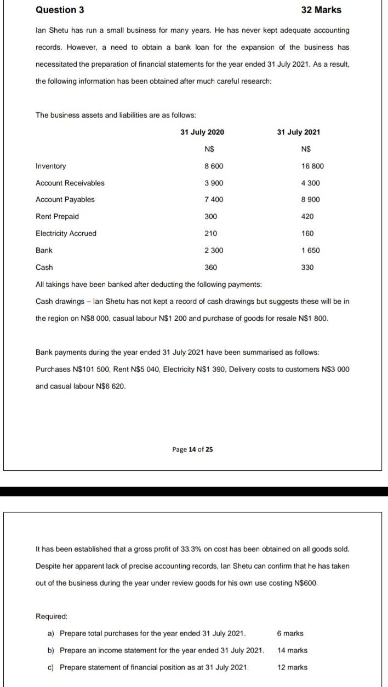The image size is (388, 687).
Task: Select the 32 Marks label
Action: coord(321,10)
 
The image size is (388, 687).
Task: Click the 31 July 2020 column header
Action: coord(202,132)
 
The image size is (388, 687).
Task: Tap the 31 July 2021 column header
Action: coord(299,132)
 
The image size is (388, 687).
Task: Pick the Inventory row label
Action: coord(50,166)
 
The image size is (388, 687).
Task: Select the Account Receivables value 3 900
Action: coord(214,183)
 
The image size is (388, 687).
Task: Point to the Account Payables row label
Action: coord(65,199)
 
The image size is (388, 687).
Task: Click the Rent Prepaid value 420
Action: coord(307,216)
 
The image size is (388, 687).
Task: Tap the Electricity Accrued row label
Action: coord(66,233)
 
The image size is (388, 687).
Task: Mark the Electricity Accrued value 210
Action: coord(210,233)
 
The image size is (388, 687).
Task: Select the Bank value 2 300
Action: coord(214,250)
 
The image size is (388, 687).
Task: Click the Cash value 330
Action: coord(307,267)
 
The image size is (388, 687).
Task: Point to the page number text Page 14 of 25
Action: coord(192,449)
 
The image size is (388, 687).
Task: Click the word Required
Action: coord(51,616)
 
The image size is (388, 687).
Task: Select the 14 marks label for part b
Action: coord(292,650)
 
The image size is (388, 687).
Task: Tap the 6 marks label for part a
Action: coord(290,633)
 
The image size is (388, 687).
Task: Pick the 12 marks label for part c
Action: coord(292,667)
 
